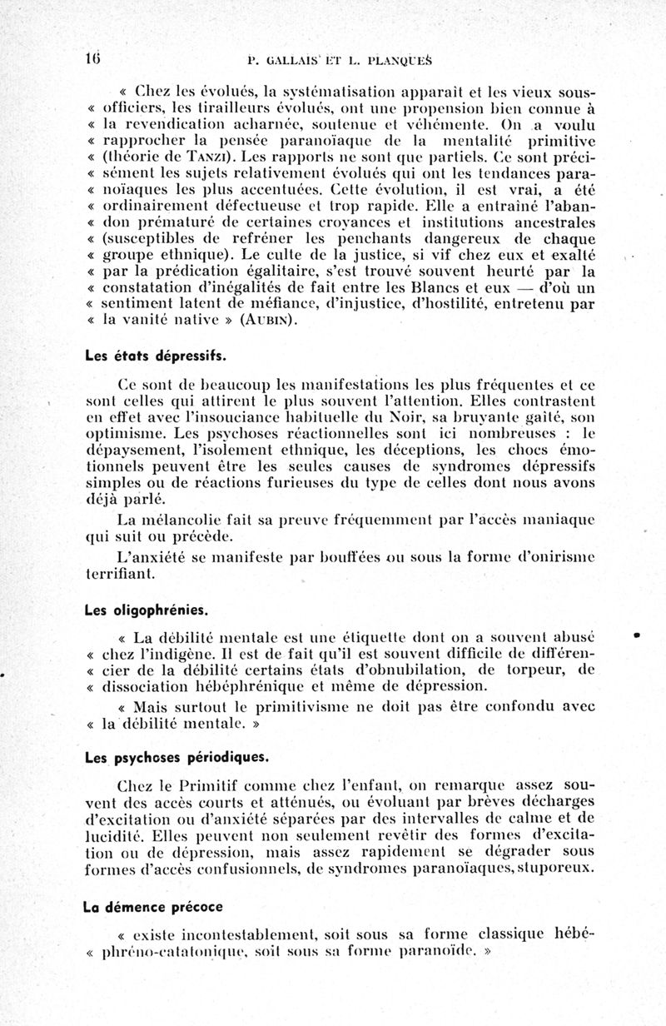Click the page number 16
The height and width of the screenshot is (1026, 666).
[x=91, y=57]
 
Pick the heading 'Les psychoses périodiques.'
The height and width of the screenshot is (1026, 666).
[x=165, y=759]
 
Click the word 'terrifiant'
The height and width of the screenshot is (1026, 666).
[x=123, y=574]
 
